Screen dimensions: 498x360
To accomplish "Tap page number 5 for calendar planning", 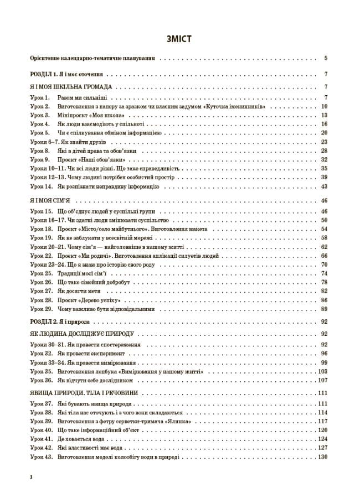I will (326, 58).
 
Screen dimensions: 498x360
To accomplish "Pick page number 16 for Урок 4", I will (325, 124).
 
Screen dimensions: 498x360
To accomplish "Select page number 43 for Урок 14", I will (325, 186).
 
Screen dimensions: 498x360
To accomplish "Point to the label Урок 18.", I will (42, 229).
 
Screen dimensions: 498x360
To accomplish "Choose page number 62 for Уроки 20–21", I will (325, 247).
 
